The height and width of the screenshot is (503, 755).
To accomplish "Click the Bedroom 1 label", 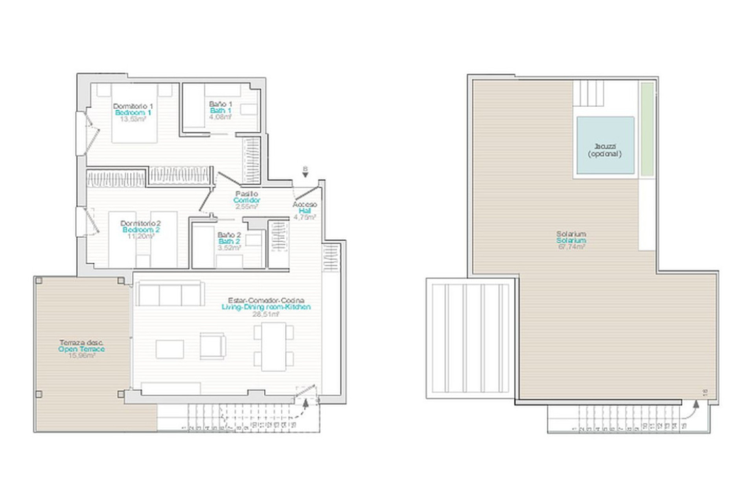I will click(133, 113).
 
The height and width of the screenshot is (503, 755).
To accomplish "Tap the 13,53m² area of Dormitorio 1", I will click(133, 119).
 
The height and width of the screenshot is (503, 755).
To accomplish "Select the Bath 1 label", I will click(220, 110).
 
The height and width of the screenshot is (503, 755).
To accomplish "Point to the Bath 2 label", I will click(229, 241).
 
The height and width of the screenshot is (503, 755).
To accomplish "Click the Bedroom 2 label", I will click(141, 230).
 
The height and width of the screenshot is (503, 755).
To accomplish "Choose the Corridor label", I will click(247, 200).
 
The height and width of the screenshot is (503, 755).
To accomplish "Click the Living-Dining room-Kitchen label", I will click(266, 307).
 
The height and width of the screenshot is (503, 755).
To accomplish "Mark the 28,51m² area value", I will click(266, 314).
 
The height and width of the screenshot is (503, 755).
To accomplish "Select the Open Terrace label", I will click(81, 349).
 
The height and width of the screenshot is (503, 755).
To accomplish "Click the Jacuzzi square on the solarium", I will click(605, 145).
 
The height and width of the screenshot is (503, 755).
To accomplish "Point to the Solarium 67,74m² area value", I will click(571, 247).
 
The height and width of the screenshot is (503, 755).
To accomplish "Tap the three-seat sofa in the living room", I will click(170, 293).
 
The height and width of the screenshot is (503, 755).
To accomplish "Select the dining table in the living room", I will click(274, 347).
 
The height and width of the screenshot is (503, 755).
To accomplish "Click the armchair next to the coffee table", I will click(212, 346).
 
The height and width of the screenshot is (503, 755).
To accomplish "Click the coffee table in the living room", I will click(169, 349).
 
